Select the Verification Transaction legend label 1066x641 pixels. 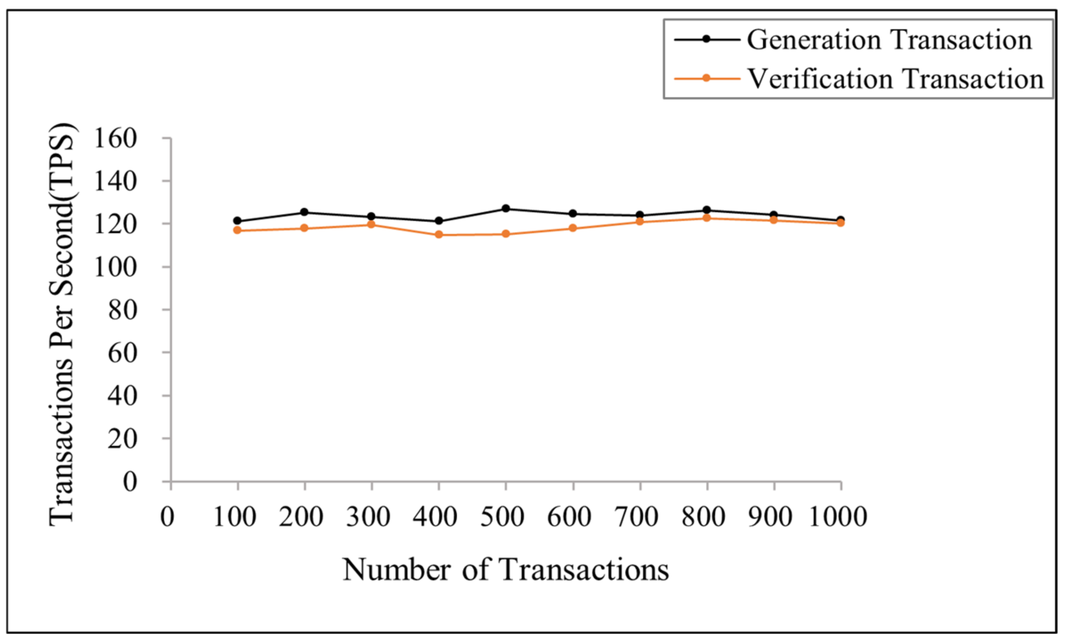pos(895,79)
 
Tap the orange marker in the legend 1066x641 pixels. pos(706,78)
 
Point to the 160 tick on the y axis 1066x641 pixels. pos(115,139)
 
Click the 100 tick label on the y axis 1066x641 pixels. pos(115,267)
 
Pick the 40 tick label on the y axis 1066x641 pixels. pos(122,396)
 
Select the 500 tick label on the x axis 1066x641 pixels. pos(502,517)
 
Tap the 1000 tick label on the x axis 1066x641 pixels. pos(837,517)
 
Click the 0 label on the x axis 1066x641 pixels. pos(167,517)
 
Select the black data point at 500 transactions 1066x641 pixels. pos(506,209)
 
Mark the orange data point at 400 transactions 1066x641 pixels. pos(439,235)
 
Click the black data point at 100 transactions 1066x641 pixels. pos(237,221)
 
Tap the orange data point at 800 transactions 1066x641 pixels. pos(707,218)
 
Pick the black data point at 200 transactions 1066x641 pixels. pos(304,212)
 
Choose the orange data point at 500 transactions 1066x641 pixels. pos(506,234)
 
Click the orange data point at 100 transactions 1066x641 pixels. pos(237,230)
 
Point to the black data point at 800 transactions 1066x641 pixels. pos(707,210)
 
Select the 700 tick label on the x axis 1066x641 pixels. pos(637,517)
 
